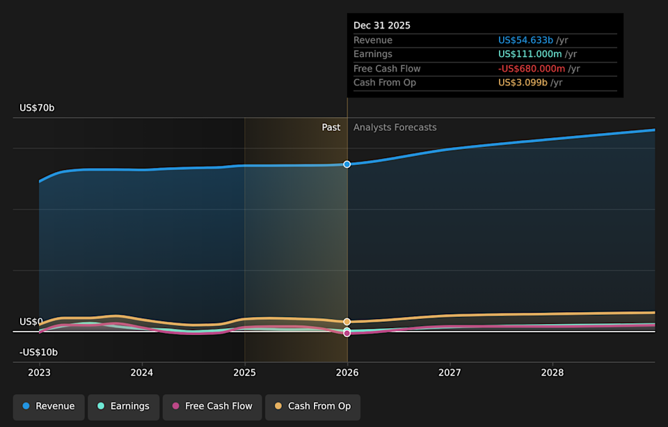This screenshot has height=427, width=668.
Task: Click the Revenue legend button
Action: (x=49, y=407)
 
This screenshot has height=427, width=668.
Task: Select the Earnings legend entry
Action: (x=122, y=407)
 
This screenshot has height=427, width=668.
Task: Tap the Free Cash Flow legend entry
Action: (x=212, y=407)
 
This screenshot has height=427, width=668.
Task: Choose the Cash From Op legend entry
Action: (x=312, y=407)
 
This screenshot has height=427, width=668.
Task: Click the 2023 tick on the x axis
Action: (x=40, y=373)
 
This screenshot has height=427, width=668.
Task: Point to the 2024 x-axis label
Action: (x=142, y=373)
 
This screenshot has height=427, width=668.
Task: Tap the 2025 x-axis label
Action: (x=244, y=373)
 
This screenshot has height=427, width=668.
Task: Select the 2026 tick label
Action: (x=347, y=373)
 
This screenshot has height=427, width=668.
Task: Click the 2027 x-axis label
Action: (x=450, y=373)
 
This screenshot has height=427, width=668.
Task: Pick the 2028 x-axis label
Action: (x=552, y=373)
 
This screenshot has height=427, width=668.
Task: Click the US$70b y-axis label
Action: (x=37, y=108)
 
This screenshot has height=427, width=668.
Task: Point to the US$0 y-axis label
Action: (x=31, y=322)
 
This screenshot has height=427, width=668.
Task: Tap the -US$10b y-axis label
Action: (x=38, y=352)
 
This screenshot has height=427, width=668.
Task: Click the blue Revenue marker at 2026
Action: (x=347, y=164)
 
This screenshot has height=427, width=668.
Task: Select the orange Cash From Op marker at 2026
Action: (x=347, y=322)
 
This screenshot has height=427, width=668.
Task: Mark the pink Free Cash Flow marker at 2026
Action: (x=347, y=334)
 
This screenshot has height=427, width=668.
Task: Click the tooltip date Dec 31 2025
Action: (x=382, y=26)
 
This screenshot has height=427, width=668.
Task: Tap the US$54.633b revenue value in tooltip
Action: (x=525, y=40)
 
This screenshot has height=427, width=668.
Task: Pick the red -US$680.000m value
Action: (x=532, y=68)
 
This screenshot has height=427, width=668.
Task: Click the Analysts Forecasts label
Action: (x=395, y=127)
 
